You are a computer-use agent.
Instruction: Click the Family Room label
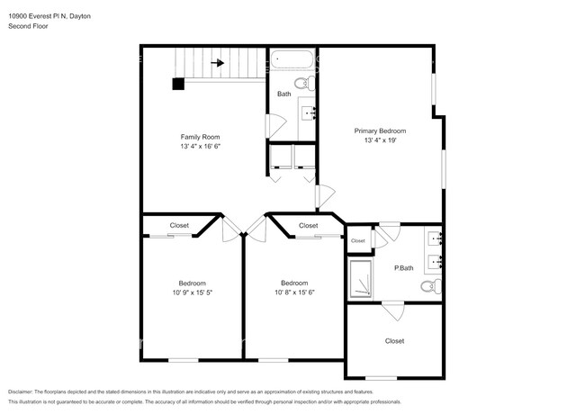[200, 136]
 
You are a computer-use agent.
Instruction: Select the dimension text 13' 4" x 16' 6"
[200, 146]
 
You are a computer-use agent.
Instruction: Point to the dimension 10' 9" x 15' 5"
[192, 292]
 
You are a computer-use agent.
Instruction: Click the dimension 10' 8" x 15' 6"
[295, 292]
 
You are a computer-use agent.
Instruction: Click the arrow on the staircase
[217, 63]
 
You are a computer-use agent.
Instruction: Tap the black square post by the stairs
[178, 84]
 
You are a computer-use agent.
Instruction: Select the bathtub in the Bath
[292, 61]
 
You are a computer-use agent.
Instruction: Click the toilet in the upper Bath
[303, 84]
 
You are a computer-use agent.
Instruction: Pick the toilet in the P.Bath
[429, 287]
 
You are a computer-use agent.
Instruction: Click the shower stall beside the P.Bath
[364, 280]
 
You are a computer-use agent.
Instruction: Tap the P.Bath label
[404, 268]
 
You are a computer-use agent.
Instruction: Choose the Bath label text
[283, 94]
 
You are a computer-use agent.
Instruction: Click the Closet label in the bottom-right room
[394, 341]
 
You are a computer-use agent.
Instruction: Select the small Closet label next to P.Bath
[358, 240]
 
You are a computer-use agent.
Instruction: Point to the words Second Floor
[28, 26]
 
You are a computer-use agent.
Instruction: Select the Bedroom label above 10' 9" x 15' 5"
[192, 282]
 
